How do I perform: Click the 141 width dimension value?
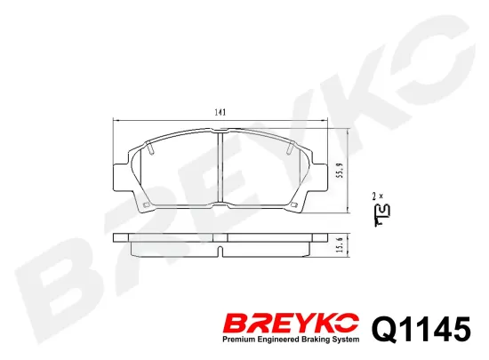click(220, 112)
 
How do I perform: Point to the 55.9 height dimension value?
click(340, 171)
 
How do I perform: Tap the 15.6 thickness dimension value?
click(340, 244)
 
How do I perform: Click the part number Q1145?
click(421, 329)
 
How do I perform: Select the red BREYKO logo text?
click(291, 324)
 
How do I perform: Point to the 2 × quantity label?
click(378, 196)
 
